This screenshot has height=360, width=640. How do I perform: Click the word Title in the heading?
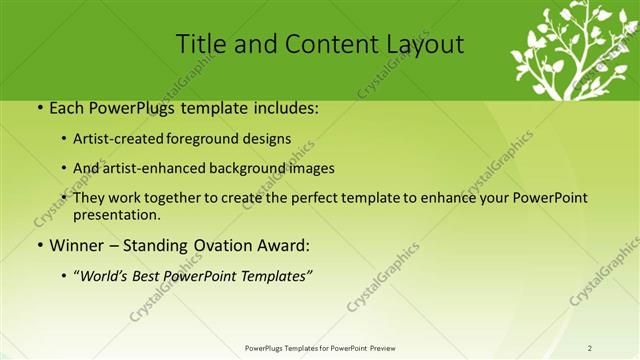200,44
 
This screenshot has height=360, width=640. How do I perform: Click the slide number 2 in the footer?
590,348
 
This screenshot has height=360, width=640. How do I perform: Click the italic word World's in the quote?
105,276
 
